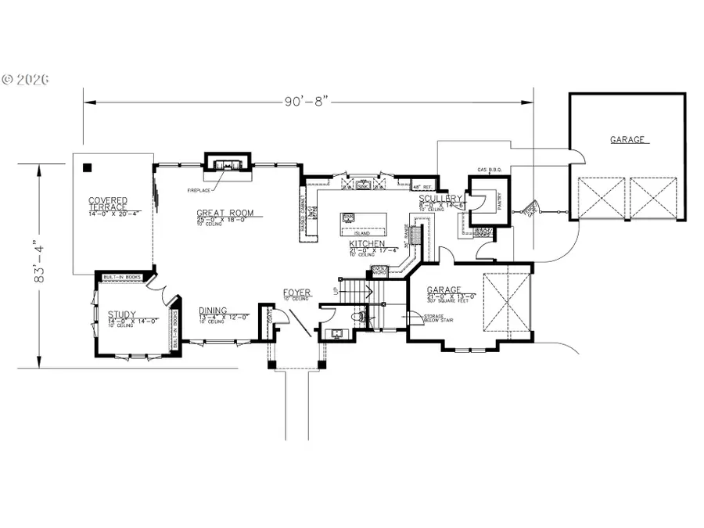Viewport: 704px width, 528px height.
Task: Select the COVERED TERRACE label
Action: click(108, 205)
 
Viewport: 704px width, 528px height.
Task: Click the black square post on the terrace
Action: click(87, 166)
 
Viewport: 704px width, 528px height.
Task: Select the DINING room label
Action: click(212, 310)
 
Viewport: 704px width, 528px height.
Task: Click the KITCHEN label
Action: click(365, 245)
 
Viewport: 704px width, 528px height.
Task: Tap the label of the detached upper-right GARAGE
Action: click(628, 140)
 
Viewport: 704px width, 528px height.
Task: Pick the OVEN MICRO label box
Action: click(379, 271)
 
